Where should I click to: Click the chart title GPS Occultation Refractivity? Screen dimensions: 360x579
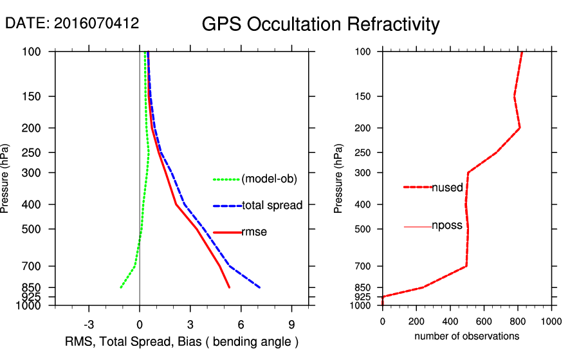320,24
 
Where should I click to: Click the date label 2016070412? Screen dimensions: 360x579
72,23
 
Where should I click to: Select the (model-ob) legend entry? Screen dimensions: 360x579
269,179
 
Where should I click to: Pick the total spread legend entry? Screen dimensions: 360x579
271,206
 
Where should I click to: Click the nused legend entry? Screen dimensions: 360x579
447,188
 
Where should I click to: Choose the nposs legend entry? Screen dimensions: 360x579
446,226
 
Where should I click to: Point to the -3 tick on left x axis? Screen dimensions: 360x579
89,324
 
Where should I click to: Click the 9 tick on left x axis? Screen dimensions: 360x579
291,324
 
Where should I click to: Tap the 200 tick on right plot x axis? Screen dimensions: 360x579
416,321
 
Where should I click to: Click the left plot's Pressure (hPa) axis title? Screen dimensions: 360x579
6,178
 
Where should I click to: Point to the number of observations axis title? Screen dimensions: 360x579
466,336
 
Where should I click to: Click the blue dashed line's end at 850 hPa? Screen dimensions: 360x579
259,287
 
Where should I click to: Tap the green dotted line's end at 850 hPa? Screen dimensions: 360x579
121,287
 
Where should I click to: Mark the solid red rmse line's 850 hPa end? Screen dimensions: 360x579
229,287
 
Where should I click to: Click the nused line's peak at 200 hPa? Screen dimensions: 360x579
520,128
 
